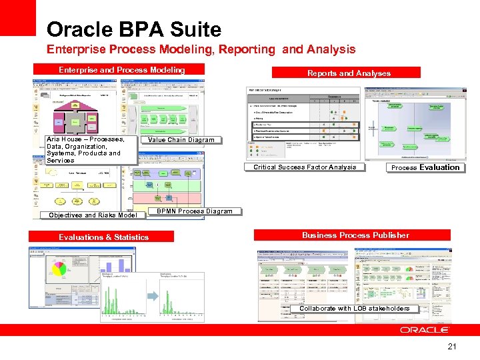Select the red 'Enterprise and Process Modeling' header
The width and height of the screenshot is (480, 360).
pyautogui.click(x=122, y=70)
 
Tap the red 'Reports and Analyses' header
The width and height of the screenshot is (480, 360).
pyautogui.click(x=349, y=73)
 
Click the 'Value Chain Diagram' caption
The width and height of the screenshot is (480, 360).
pyautogui.click(x=181, y=140)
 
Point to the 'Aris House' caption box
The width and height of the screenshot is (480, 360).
pyautogui.click(x=87, y=150)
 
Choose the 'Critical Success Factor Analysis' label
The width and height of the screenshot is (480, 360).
pyautogui.click(x=305, y=167)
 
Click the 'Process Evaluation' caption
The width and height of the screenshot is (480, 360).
pyautogui.click(x=425, y=167)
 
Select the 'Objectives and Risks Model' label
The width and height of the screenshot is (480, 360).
pyautogui.click(x=93, y=215)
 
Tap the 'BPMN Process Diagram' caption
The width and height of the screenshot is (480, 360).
pyautogui.click(x=194, y=211)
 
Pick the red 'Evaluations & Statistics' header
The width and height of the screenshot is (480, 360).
pyautogui.click(x=103, y=237)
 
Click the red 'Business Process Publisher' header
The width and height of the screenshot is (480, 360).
pyautogui.click(x=355, y=235)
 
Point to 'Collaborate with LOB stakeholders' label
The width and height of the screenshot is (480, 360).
pyautogui.click(x=355, y=308)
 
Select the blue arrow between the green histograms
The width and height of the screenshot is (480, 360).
pyautogui.click(x=151, y=296)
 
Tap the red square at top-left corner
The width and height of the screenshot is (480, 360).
pyautogui.click(x=18, y=17)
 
